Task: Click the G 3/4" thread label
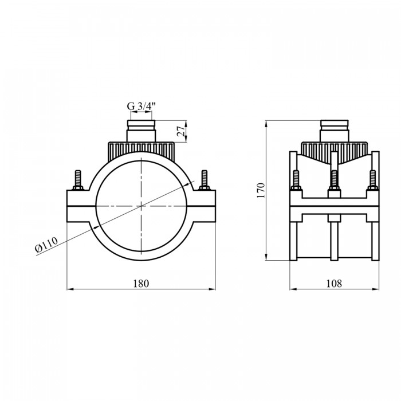[x=141, y=106]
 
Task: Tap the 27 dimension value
[x=181, y=131]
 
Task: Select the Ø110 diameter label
[x=46, y=245]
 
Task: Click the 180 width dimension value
[x=141, y=284]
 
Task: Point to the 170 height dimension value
[x=261, y=190]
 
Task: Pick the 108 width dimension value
[x=334, y=284]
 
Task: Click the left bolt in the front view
[x=78, y=180]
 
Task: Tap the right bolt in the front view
[x=205, y=180]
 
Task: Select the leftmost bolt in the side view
[x=296, y=180]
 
